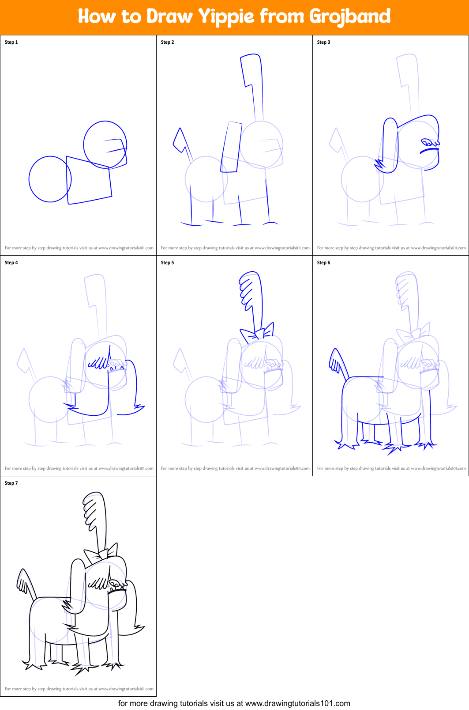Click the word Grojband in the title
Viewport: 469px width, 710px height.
349,17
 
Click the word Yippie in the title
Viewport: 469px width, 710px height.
226,17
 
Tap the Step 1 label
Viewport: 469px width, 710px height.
11,42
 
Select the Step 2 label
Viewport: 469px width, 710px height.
167,42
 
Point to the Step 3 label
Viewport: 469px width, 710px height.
323,42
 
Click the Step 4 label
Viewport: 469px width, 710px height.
11,263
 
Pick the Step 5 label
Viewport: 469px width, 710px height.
167,263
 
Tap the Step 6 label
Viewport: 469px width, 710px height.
323,263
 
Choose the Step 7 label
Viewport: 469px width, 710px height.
11,483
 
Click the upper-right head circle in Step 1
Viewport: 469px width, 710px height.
105,144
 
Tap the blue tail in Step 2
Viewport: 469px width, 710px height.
180,140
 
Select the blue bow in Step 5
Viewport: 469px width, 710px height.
257,333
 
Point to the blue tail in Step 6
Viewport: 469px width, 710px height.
337,361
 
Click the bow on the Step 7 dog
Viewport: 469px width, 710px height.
101,553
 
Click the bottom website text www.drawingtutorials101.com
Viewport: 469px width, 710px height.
297,703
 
